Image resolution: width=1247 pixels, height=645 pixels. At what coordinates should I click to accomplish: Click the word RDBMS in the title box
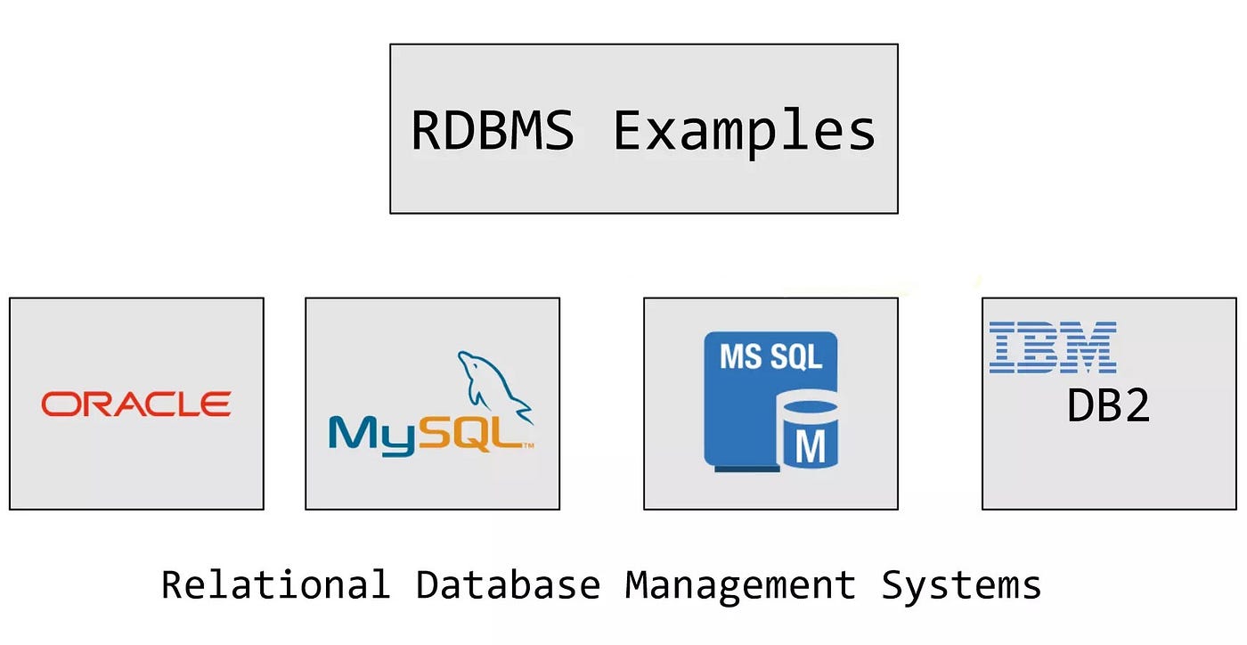click(492, 131)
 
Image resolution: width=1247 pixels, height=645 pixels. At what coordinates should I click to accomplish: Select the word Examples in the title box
click(745, 131)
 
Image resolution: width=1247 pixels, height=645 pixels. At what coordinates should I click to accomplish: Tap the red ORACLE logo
click(136, 404)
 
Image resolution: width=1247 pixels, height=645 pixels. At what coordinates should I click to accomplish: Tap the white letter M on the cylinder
click(809, 446)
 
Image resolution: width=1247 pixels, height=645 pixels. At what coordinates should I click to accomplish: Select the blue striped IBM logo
click(1053, 347)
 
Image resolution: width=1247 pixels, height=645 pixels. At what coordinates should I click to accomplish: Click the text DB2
click(1108, 406)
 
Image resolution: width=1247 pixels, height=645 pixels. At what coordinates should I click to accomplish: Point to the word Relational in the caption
click(275, 585)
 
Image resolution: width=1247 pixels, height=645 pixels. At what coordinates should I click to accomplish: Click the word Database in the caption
click(508, 585)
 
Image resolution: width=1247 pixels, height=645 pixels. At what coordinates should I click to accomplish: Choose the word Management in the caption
click(739, 585)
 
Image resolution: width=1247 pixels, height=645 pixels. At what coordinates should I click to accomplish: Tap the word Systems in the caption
click(961, 585)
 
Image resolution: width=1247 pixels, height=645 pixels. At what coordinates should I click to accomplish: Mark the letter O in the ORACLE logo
click(57, 404)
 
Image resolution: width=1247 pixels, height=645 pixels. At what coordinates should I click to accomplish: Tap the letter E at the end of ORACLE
click(216, 404)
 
